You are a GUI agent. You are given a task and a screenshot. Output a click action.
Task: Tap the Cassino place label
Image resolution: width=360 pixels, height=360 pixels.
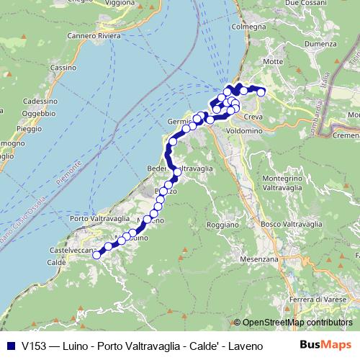(x=63, y=67)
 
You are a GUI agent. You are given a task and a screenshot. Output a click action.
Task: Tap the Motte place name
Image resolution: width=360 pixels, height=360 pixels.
(x=274, y=62)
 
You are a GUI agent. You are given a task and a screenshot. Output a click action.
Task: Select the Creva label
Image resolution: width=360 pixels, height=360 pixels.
(x=252, y=116)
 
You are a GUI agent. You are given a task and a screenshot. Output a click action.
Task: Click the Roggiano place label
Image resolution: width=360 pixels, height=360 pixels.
(x=223, y=225)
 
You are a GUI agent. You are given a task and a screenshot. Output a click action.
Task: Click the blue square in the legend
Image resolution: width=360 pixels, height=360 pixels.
(x=9, y=344)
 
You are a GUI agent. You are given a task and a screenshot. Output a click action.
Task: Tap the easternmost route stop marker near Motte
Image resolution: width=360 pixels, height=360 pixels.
(x=261, y=92)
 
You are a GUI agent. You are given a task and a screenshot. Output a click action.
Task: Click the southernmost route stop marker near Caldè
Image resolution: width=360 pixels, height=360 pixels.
(x=96, y=254)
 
